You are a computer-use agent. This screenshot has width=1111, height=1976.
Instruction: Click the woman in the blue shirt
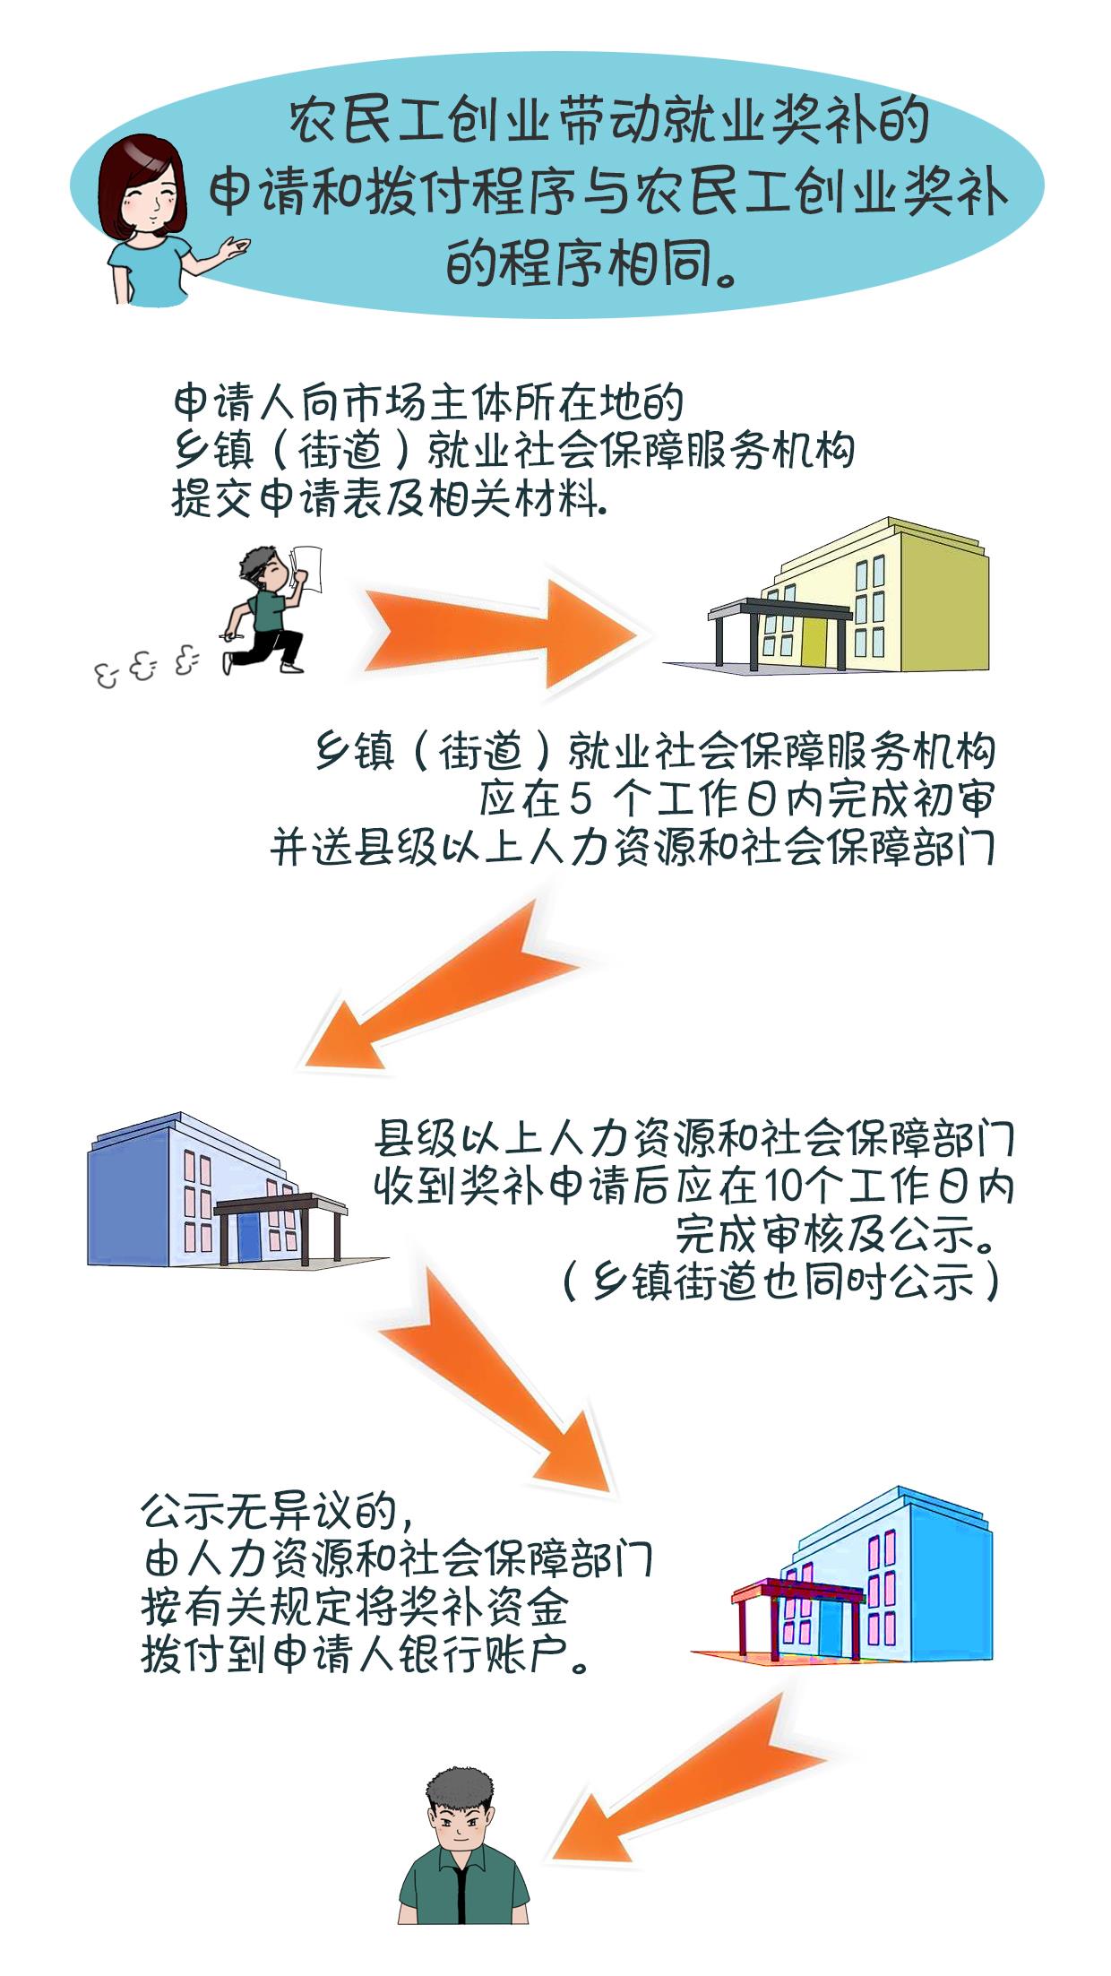pos(148,224)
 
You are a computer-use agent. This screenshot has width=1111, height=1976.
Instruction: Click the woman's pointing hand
pos(235,246)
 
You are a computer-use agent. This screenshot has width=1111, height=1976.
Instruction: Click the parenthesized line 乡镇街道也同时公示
pos(779,1282)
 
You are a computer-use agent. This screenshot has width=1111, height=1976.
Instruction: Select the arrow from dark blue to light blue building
pos(502,1380)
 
